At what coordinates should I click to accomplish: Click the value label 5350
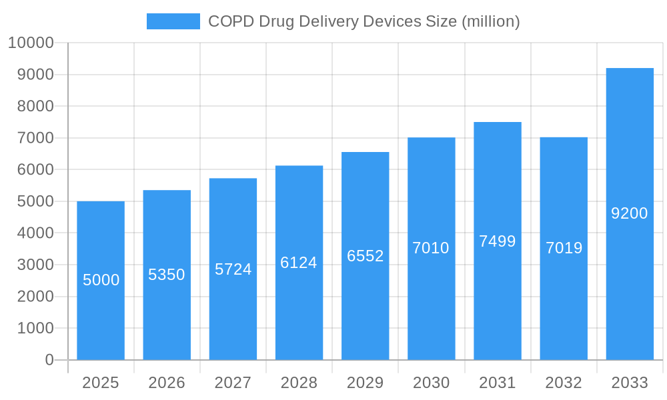(167, 275)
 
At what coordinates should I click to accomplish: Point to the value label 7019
(564, 248)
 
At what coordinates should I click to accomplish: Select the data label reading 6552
(366, 256)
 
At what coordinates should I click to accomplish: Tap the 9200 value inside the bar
(630, 213)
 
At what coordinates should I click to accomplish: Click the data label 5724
(233, 269)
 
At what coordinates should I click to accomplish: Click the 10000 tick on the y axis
(30, 43)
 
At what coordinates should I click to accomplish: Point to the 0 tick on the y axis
(49, 360)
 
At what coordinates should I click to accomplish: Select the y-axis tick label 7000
(35, 138)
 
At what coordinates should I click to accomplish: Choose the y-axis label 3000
(35, 265)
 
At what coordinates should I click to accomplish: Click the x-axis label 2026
(167, 383)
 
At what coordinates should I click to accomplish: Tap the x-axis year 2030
(432, 383)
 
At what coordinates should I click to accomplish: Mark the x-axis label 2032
(564, 383)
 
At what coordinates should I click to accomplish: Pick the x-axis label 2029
(366, 383)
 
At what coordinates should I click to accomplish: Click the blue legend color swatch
(173, 21)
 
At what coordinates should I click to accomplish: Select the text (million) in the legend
(490, 21)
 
